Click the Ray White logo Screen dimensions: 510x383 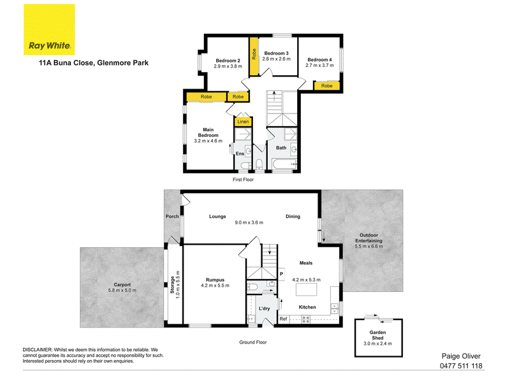49,29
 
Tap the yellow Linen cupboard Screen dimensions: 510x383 243,121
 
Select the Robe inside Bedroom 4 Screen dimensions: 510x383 326,85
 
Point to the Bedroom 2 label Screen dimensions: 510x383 228,61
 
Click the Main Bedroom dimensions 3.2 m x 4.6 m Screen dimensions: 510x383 208,141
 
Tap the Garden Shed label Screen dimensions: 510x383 377,335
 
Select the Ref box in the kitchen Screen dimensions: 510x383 283,319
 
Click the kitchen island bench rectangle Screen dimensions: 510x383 307,289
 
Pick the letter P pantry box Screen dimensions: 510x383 282,274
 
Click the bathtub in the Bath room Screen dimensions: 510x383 284,164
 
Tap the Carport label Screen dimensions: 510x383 122,284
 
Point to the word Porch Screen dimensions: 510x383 172,216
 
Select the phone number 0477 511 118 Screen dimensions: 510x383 461,366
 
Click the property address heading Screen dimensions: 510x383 94,62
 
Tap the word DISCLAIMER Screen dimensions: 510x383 38,350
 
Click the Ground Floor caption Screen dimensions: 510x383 252,342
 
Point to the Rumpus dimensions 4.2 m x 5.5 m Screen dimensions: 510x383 215,285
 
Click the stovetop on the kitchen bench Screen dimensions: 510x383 306,319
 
